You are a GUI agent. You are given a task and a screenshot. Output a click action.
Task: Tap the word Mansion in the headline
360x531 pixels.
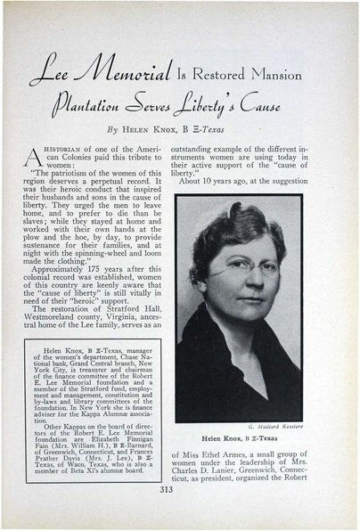click(272, 76)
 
